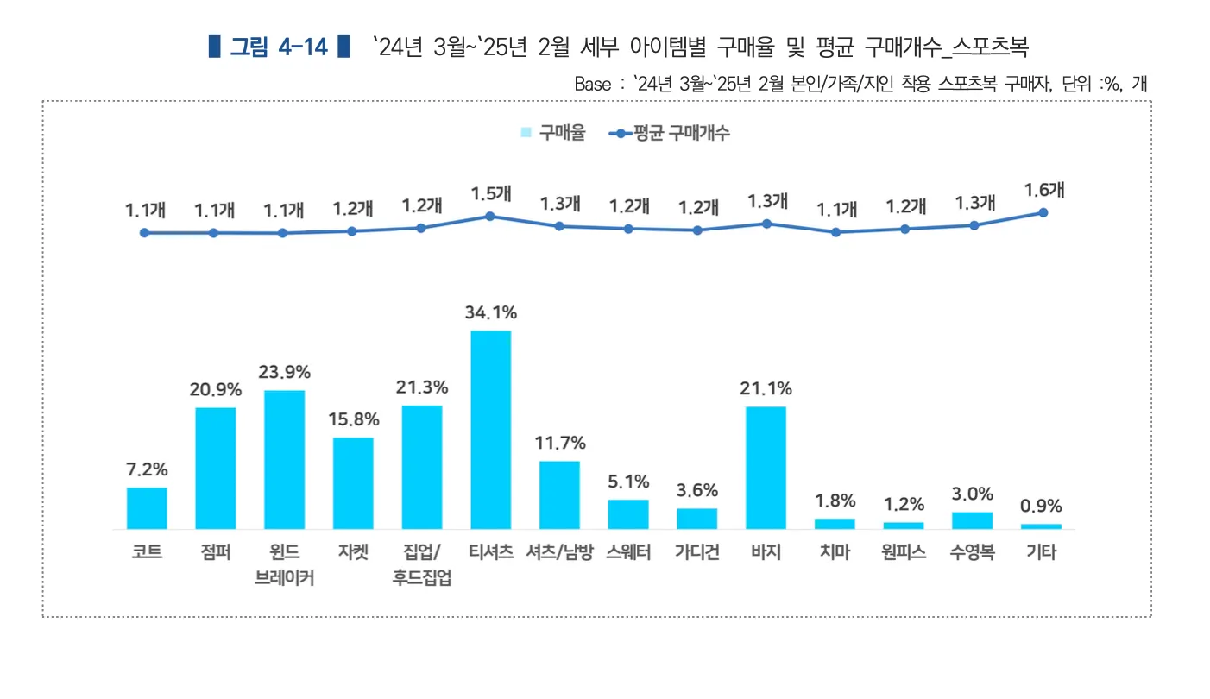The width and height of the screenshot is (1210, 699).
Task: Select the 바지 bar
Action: (766, 467)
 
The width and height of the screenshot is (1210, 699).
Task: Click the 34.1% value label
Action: (490, 312)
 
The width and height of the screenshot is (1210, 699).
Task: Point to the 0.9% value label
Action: (1041, 507)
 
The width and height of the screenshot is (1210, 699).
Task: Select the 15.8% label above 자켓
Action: (353, 419)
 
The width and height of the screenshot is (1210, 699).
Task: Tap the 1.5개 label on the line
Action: (490, 194)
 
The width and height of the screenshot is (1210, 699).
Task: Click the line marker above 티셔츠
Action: (490, 216)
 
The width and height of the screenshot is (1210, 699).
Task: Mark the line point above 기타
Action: (1043, 212)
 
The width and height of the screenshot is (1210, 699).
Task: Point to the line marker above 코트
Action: (144, 232)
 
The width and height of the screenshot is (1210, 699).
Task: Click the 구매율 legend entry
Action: (553, 133)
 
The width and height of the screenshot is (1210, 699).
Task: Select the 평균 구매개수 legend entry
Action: (670, 133)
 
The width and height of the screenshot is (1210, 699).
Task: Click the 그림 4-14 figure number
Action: (279, 47)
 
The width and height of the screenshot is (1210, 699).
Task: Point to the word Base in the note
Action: (592, 85)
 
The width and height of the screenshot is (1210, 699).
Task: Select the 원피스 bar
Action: (904, 525)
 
